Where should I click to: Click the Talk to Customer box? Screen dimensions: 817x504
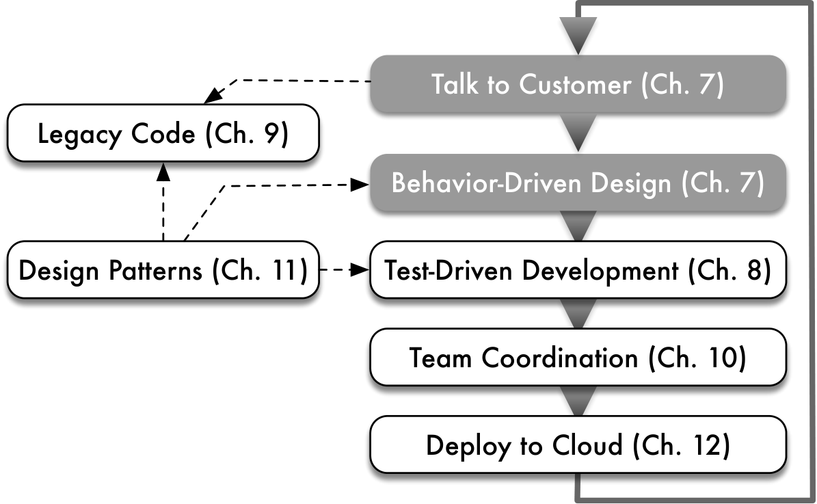pyautogui.click(x=578, y=84)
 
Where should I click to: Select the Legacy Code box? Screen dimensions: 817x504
pyautogui.click(x=163, y=133)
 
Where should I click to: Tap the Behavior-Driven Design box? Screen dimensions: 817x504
pyautogui.click(x=578, y=183)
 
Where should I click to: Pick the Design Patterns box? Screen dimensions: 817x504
pyautogui.click(x=163, y=269)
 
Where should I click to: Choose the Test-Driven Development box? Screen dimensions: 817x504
pyautogui.click(x=578, y=269)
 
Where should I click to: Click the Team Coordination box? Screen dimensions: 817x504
pyautogui.click(x=578, y=357)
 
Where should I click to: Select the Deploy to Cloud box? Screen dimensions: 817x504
pyautogui.click(x=578, y=445)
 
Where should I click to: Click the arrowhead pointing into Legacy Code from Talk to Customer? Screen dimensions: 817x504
pyautogui.click(x=213, y=96)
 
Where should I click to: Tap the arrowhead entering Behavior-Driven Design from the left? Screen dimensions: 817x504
pyautogui.click(x=360, y=185)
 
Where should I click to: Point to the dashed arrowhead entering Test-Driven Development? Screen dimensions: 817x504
pyautogui.click(x=360, y=269)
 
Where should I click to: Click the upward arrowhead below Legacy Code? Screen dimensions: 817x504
pyautogui.click(x=163, y=172)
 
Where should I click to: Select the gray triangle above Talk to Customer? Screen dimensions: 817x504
pyautogui.click(x=578, y=35)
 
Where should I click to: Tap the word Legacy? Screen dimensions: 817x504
pyautogui.click(x=79, y=135)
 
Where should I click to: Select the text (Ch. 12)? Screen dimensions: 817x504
pyautogui.click(x=682, y=446)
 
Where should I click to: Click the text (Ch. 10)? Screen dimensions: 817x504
pyautogui.click(x=697, y=358)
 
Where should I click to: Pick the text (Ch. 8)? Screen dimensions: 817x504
pyautogui.click(x=729, y=271)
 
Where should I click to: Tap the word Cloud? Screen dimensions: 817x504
pyautogui.click(x=587, y=445)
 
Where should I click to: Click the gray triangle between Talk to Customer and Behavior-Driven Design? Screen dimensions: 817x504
pyautogui.click(x=578, y=133)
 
